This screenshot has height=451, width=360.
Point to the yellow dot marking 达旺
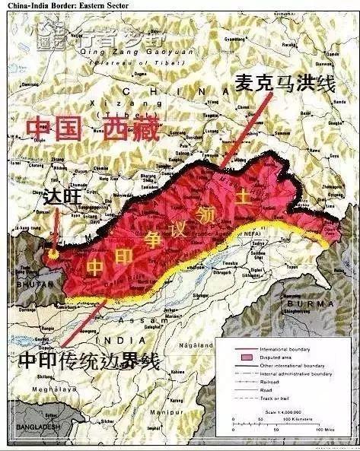[53, 253]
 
